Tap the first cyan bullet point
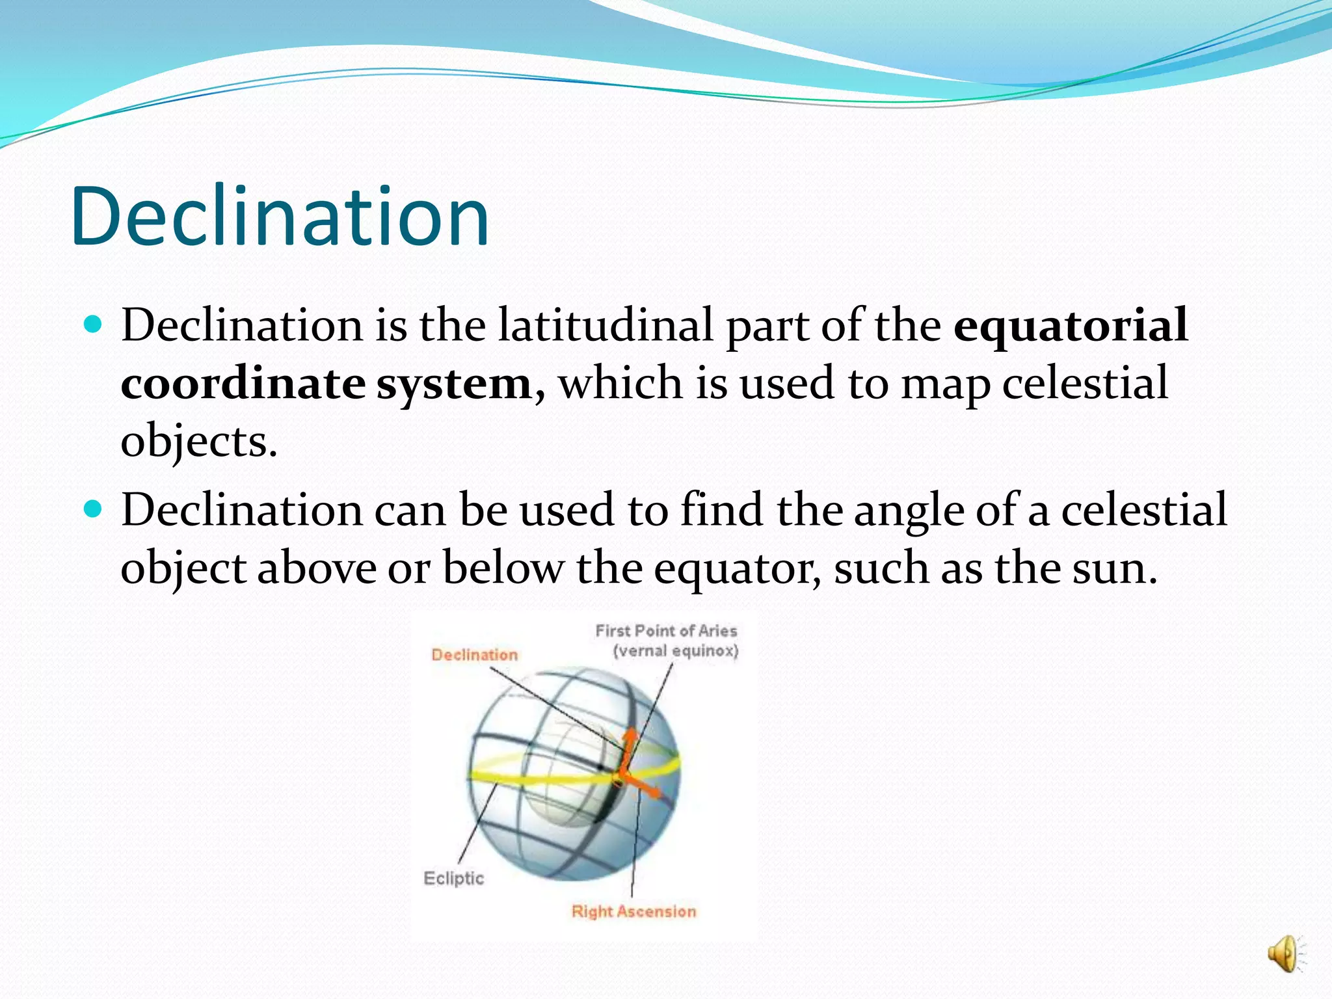(x=94, y=324)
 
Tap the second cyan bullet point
(x=94, y=509)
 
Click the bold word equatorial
(x=1071, y=325)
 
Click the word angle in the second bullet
(x=909, y=511)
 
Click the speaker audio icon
(x=1284, y=955)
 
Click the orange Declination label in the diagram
(x=475, y=655)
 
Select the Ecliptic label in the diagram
(x=454, y=878)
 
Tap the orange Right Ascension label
(x=633, y=911)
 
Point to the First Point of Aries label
(x=666, y=631)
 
